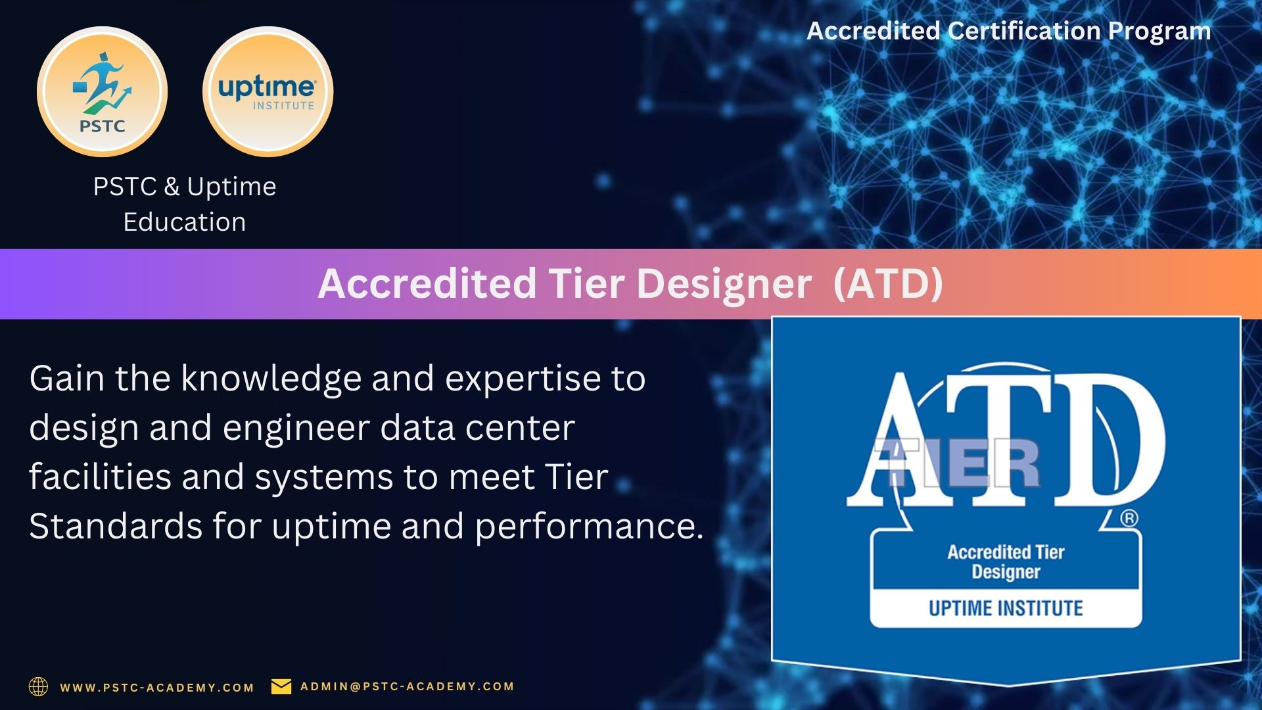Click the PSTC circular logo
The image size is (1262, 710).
click(103, 92)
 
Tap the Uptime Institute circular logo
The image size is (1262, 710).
click(268, 92)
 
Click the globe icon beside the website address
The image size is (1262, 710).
click(39, 686)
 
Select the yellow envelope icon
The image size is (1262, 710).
click(281, 686)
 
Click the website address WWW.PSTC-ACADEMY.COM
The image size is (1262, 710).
click(157, 688)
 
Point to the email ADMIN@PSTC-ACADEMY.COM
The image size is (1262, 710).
click(408, 686)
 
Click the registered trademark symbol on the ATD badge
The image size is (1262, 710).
click(1129, 519)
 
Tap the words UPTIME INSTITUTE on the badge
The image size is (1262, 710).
click(1006, 608)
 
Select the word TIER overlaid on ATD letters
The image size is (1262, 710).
click(957, 463)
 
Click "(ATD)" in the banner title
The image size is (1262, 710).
click(888, 283)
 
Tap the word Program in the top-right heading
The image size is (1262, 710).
click(1159, 32)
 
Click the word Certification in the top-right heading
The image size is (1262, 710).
click(1024, 30)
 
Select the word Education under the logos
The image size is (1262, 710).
click(185, 222)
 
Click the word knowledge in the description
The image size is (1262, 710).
click(271, 379)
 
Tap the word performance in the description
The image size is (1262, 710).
click(590, 527)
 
